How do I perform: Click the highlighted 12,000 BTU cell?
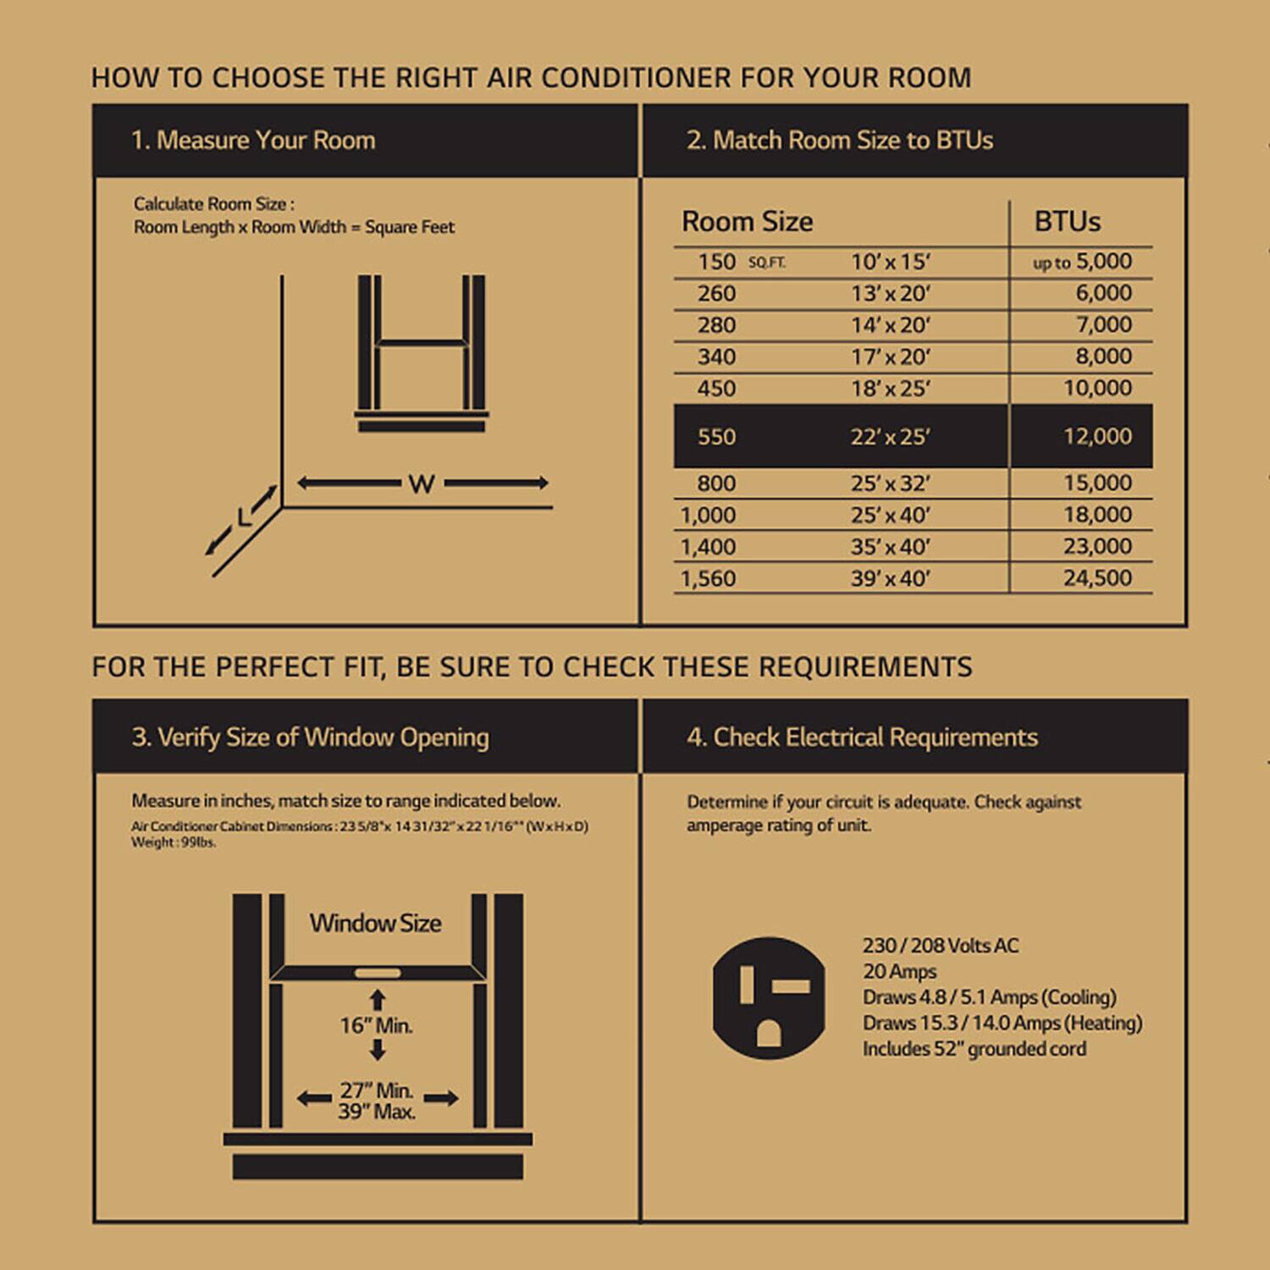[x=1096, y=436]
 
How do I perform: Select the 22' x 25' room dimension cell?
[x=890, y=437]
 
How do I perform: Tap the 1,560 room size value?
[x=708, y=578]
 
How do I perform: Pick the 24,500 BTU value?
[x=1096, y=578]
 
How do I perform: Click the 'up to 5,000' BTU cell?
[x=1082, y=262]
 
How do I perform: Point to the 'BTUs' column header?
[x=1067, y=222]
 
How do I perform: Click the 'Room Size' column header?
[x=747, y=222]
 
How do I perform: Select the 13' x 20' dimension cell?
[x=890, y=294]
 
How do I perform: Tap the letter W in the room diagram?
[x=421, y=484]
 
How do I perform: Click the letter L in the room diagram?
[x=244, y=516]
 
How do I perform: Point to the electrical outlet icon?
[x=769, y=997]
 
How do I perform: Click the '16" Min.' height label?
[x=376, y=1025]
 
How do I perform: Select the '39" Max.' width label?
[x=376, y=1112]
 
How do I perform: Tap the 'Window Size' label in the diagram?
[x=375, y=923]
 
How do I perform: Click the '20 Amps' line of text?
[x=899, y=972]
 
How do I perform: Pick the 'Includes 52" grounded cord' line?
[x=974, y=1049]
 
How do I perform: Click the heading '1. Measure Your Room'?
[x=252, y=141]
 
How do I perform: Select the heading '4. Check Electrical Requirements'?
[x=862, y=737]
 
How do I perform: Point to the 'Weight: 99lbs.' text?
[x=174, y=842]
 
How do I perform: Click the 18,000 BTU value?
[x=1096, y=515]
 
